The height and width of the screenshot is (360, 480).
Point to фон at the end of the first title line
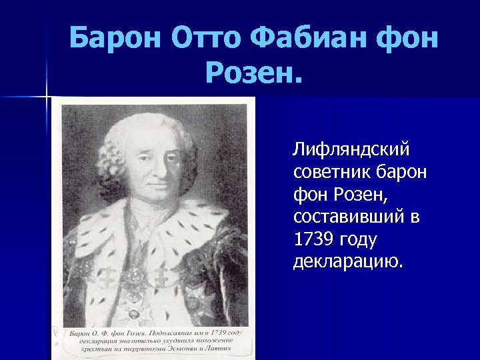(x=406, y=39)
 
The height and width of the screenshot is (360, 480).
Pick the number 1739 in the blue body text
(x=311, y=239)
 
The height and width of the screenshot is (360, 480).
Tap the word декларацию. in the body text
(x=348, y=261)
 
